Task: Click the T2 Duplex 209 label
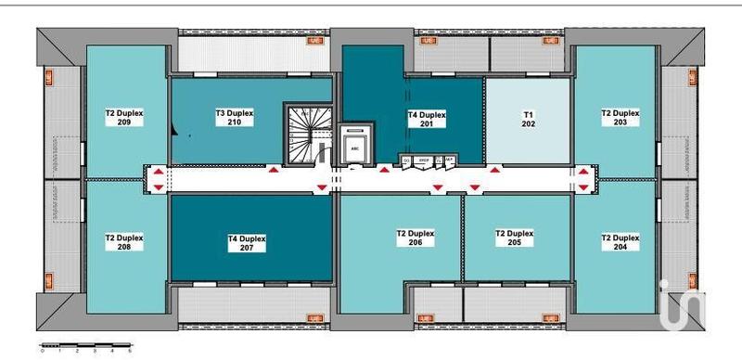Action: coord(123,117)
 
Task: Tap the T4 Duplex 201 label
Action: coord(427,118)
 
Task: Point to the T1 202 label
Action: coord(529,118)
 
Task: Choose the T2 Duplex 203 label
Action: coord(620,117)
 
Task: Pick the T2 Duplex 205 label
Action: coord(515,238)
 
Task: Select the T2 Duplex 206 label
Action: coord(415,238)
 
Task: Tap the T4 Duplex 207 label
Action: coord(247,243)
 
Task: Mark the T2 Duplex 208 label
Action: coord(123,241)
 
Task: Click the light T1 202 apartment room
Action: coord(527,139)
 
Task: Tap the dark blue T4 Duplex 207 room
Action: coord(250,264)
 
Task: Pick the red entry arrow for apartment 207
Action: coord(321,188)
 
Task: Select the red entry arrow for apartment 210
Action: coord(274,171)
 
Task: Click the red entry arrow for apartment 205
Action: coord(475,188)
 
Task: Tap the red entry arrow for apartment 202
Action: coord(495,171)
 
